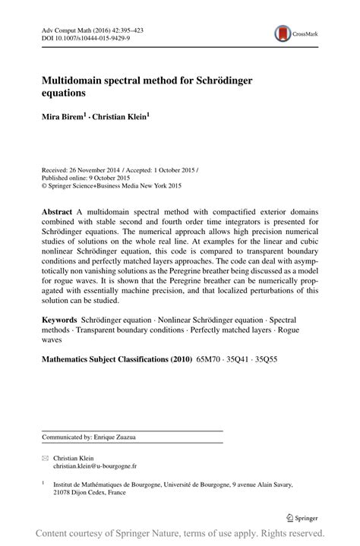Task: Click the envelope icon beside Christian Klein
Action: (x=45, y=459)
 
